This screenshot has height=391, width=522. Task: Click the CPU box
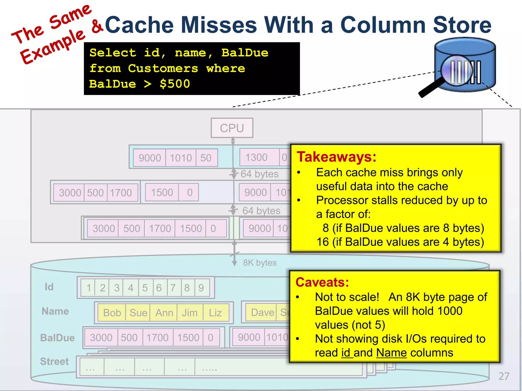click(x=232, y=128)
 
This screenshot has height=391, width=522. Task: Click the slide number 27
click(x=504, y=376)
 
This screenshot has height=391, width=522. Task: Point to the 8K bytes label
click(x=259, y=262)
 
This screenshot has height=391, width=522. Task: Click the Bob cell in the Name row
click(x=112, y=313)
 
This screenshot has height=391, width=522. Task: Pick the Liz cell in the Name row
click(x=215, y=313)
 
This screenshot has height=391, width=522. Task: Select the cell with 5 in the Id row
click(x=145, y=288)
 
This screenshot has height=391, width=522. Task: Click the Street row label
click(x=54, y=361)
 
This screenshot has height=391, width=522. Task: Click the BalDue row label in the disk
click(x=57, y=338)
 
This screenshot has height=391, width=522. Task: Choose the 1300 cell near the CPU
click(x=256, y=157)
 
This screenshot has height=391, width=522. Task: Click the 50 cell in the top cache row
click(x=206, y=158)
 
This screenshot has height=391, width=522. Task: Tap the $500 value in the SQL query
click(x=175, y=84)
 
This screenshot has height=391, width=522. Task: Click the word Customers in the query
click(x=163, y=68)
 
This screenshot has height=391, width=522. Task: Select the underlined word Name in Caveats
click(x=391, y=353)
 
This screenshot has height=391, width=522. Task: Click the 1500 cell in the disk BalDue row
click(x=188, y=338)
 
